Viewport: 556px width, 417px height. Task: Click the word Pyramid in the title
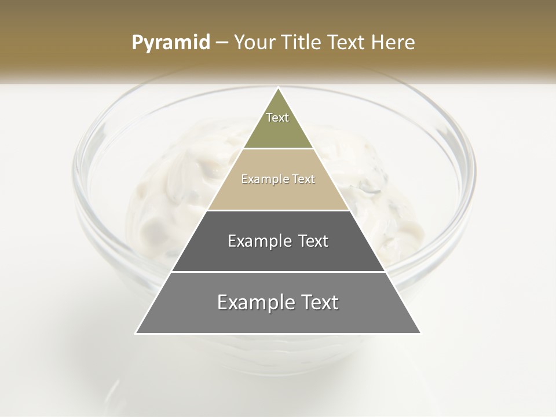(171, 43)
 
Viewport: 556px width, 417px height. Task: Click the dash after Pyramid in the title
(222, 43)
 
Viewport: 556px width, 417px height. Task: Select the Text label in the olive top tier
(277, 118)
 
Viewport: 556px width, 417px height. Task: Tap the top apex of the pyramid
(278, 89)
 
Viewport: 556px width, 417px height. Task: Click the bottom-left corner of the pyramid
(137, 333)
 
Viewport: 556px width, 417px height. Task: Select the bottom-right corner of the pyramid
(419, 333)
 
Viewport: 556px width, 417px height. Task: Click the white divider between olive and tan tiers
(278, 149)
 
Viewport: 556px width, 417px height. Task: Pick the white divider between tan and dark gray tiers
(278, 210)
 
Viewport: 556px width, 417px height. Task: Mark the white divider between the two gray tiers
(278, 272)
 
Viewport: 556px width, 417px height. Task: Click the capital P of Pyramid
(137, 43)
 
